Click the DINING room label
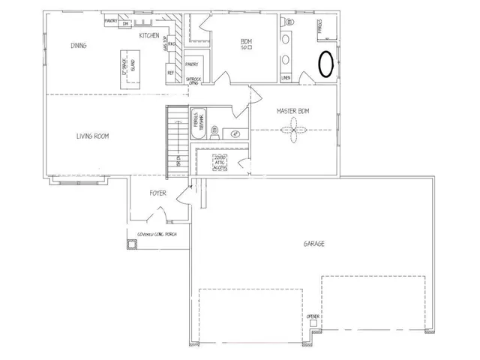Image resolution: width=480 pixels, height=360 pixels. pyautogui.click(x=79, y=45)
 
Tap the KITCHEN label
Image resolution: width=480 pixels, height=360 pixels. pyautogui.click(x=149, y=35)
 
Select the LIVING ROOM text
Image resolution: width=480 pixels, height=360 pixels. pyautogui.click(x=93, y=136)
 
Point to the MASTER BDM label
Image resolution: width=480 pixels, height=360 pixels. pyautogui.click(x=292, y=111)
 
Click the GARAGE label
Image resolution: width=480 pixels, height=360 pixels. pyautogui.click(x=313, y=243)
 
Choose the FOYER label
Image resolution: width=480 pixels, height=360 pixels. pyautogui.click(x=157, y=193)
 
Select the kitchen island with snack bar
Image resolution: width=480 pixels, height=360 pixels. pyautogui.click(x=127, y=70)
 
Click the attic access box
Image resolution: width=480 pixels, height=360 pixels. pyautogui.click(x=219, y=163)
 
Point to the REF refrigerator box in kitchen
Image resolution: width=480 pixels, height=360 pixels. pyautogui.click(x=171, y=73)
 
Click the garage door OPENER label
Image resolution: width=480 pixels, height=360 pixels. pyautogui.click(x=313, y=318)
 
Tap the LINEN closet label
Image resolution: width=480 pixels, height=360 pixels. pyautogui.click(x=286, y=77)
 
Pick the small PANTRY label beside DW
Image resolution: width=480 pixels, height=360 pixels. pyautogui.click(x=110, y=22)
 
